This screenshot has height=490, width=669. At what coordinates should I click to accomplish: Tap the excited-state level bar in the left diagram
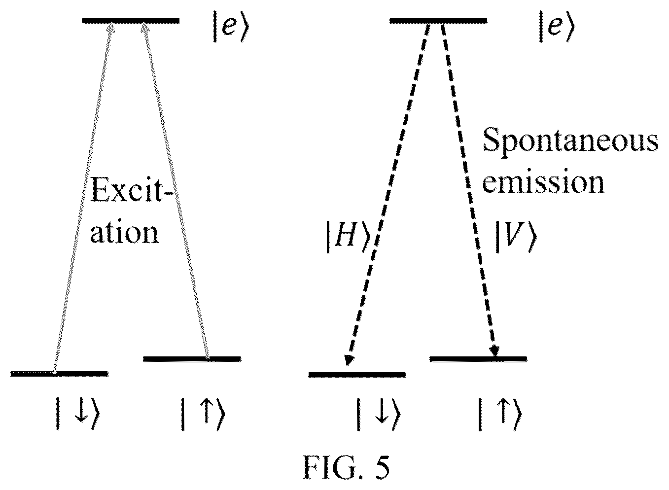(131, 21)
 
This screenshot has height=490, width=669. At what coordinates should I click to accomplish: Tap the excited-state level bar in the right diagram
(438, 21)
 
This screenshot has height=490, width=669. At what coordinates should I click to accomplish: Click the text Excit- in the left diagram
(132, 190)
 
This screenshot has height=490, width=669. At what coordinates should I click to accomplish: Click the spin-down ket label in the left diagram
(78, 414)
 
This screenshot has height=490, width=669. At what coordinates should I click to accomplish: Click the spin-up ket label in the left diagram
(203, 414)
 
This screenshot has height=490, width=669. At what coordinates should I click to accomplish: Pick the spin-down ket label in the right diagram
(379, 414)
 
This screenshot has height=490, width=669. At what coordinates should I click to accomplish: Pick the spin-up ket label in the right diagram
(500, 414)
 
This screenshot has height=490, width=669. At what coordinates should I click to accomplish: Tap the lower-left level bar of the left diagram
(59, 374)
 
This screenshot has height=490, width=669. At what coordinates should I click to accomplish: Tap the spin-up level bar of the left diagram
(192, 359)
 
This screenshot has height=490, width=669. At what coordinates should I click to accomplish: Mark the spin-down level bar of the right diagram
(357, 375)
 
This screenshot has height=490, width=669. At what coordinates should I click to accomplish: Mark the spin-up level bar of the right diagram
(478, 359)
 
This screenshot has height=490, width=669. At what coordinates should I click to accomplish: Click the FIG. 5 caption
(347, 467)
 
